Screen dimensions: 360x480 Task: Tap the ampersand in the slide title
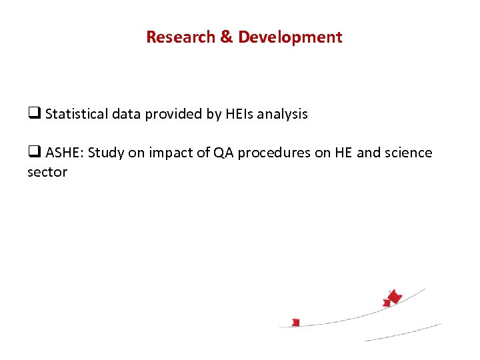click(227, 37)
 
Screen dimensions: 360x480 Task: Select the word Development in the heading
click(290, 37)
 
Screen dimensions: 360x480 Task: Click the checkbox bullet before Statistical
click(34, 114)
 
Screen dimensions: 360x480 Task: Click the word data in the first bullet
click(127, 114)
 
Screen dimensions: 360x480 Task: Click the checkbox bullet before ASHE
click(34, 153)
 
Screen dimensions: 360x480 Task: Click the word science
click(408, 153)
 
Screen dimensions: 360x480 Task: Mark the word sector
click(47, 172)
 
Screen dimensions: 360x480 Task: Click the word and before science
click(369, 153)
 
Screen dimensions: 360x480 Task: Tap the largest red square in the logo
click(395, 297)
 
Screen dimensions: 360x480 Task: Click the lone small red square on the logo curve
click(296, 322)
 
